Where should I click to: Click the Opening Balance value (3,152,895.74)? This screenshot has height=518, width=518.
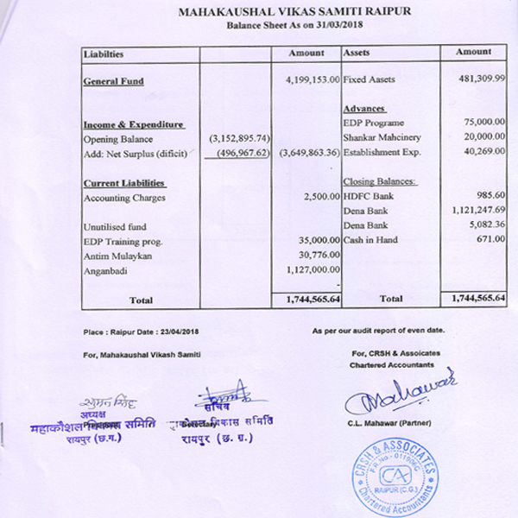[239, 139]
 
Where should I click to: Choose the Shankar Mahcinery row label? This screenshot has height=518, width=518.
[378, 138]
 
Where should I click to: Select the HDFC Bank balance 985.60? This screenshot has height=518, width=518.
[490, 197]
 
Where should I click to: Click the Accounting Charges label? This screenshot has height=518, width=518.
[124, 198]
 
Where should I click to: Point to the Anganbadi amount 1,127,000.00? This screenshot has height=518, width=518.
[311, 270]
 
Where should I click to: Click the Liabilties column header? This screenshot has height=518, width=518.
[104, 54]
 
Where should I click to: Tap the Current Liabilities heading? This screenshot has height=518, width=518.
[123, 183]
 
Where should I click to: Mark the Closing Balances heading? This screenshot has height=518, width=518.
[380, 182]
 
